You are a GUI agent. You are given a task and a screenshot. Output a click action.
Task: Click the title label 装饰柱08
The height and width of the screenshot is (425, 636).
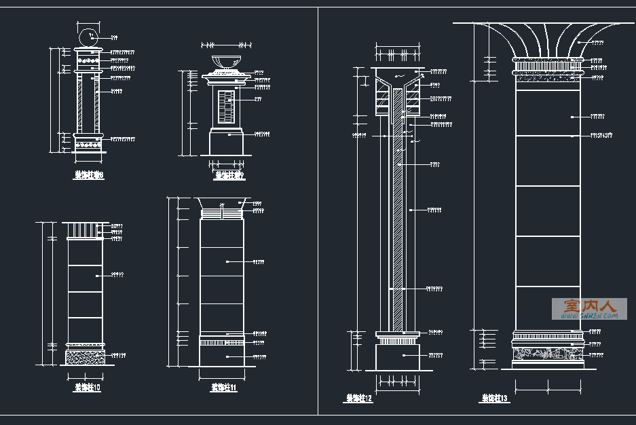88,175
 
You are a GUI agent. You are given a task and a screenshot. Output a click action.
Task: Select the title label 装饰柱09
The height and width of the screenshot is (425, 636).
229,175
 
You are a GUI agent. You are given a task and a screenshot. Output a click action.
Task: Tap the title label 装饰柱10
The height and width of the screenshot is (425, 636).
88,388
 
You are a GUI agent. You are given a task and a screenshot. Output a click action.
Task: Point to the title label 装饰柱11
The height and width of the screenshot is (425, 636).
223,388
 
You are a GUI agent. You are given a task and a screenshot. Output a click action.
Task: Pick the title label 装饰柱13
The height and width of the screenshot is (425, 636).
495,398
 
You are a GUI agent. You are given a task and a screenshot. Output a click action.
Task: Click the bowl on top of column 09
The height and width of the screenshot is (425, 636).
227,62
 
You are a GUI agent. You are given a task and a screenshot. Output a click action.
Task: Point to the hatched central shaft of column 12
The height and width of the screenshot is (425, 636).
398,204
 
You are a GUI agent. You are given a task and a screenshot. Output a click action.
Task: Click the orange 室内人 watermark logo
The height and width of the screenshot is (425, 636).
588,309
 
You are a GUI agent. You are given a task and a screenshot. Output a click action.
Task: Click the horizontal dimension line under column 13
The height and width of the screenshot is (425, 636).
548,389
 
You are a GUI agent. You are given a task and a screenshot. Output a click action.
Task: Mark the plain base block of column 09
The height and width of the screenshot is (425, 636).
227,143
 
